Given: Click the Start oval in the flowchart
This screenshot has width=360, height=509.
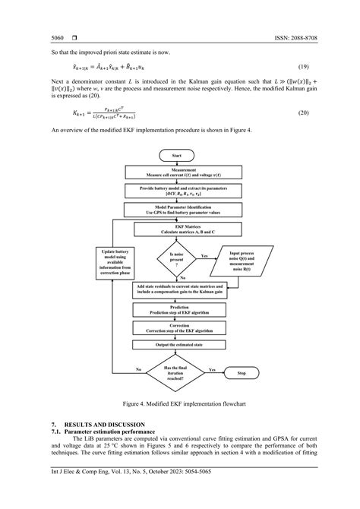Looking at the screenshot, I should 179,155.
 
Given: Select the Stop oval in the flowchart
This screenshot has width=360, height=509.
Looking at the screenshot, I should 242,374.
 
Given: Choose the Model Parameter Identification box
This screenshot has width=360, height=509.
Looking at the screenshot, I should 179,208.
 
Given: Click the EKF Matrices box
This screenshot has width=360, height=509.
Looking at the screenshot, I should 179,228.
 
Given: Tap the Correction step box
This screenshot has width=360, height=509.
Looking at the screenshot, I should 179,327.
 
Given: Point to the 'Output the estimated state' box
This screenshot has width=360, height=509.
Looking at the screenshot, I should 179,346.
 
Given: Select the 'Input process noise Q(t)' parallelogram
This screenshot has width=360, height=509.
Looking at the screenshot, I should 241,261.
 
